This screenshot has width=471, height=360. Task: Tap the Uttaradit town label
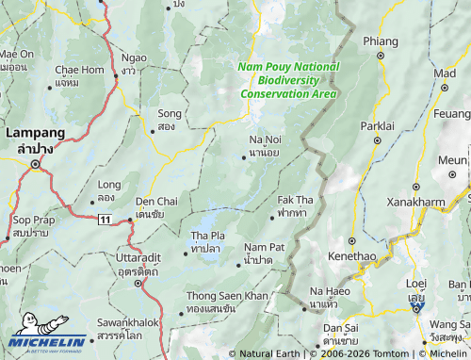pos(129,258)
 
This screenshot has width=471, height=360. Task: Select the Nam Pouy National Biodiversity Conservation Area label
pos(288,80)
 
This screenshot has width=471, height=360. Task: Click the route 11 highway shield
pos(103,220)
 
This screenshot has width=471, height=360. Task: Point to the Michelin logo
pos(46,340)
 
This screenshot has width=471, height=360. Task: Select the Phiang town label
pos(381,41)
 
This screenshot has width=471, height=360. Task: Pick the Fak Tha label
pos(295,201)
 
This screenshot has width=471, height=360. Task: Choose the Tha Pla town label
pos(207,235)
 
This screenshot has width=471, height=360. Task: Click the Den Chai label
pos(155,202)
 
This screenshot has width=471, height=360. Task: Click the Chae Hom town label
pos(79,70)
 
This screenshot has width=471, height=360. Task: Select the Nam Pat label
pos(264,247)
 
